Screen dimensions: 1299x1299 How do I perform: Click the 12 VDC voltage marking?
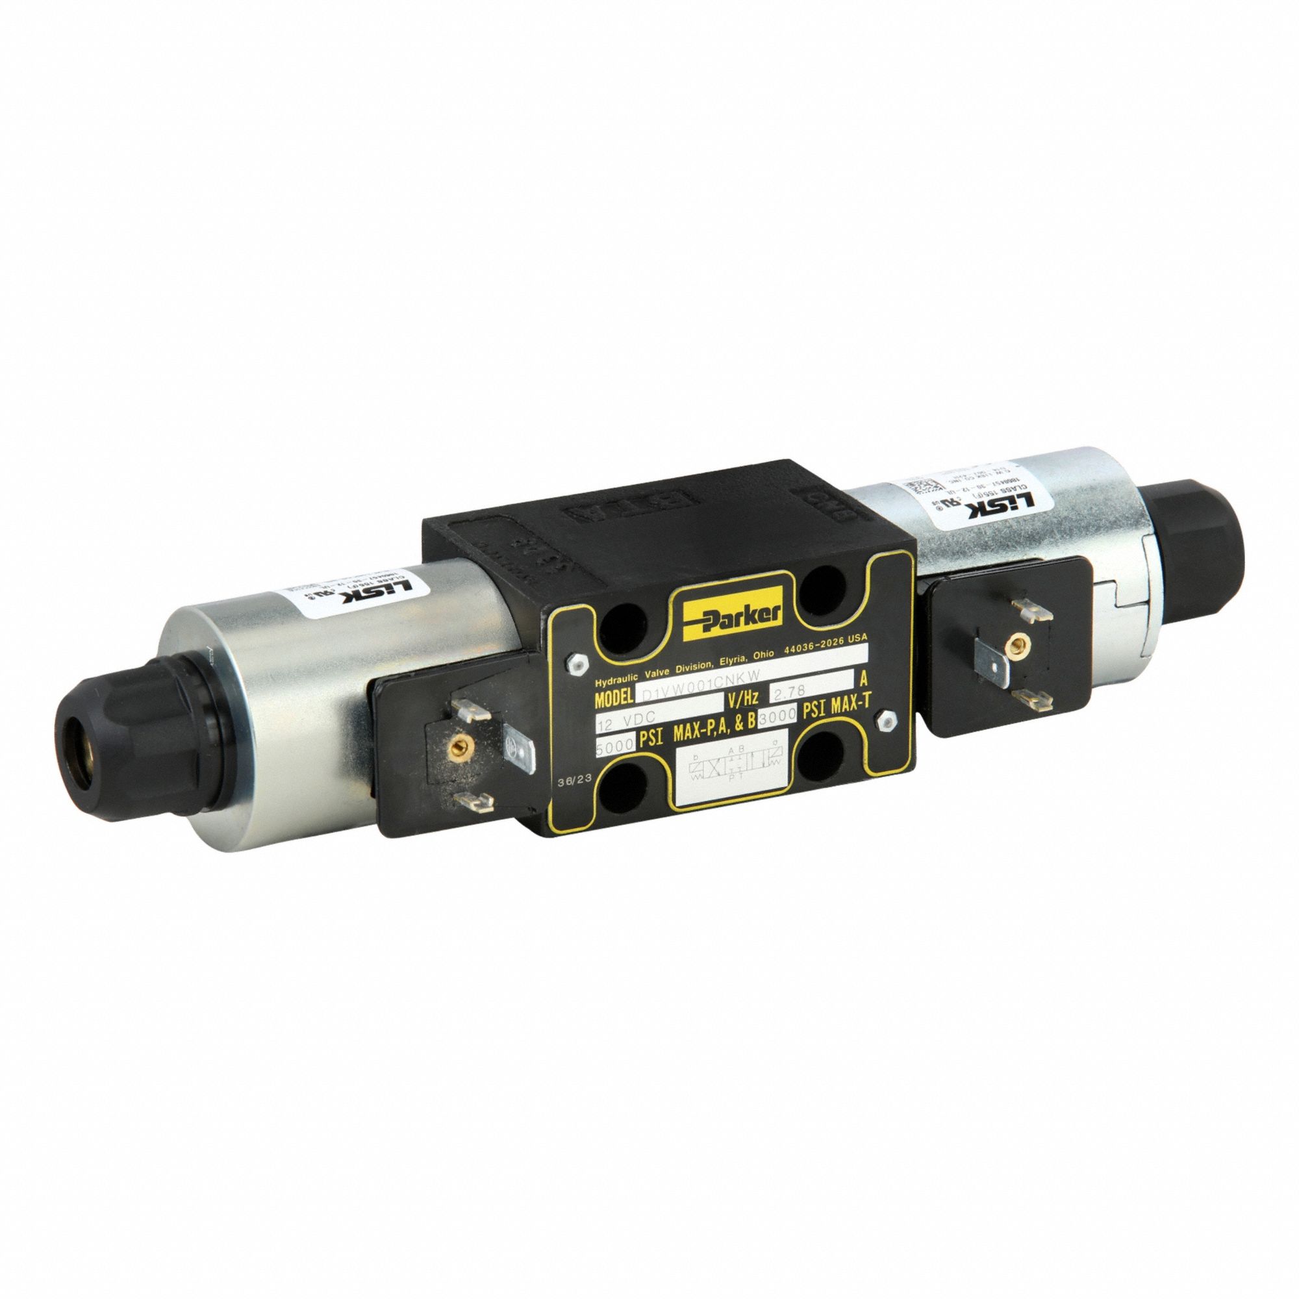click(627, 721)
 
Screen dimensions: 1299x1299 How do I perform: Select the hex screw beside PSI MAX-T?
click(884, 722)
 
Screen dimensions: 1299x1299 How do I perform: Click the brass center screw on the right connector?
click(1009, 649)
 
